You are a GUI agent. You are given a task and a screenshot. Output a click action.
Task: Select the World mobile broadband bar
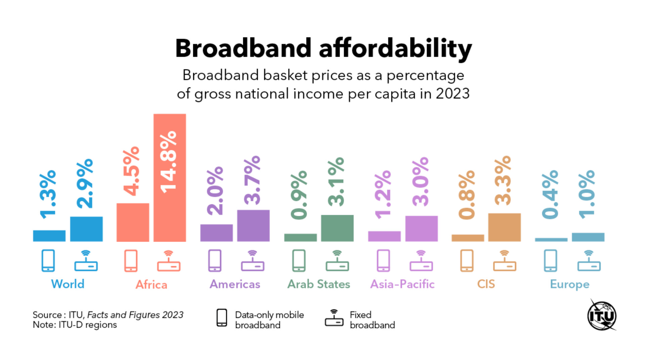(x=49, y=236)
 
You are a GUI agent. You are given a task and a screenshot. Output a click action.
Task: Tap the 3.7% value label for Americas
(x=252, y=180)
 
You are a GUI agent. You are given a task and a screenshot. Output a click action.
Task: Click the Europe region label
(x=569, y=284)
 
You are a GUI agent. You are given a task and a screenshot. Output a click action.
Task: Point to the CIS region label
(x=486, y=284)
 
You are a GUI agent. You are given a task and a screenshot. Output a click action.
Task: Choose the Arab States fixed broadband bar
(x=337, y=228)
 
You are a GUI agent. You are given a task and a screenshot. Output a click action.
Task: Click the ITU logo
(x=602, y=316)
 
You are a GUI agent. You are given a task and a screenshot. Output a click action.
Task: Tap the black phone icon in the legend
(x=222, y=318)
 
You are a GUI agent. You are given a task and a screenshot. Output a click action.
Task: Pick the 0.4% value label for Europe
(x=550, y=195)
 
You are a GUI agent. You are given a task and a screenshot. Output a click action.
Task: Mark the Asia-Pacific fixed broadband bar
(x=421, y=229)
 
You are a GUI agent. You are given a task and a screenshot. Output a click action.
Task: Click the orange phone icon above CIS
(x=467, y=260)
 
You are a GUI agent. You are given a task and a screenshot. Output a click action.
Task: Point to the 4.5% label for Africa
(x=131, y=171)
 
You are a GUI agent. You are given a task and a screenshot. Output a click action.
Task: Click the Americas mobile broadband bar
(x=216, y=233)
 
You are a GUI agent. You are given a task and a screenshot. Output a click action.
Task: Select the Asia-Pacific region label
(x=402, y=284)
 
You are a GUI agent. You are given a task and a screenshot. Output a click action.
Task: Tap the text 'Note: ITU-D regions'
(x=75, y=325)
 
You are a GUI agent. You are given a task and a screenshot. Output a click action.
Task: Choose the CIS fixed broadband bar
(x=504, y=227)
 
